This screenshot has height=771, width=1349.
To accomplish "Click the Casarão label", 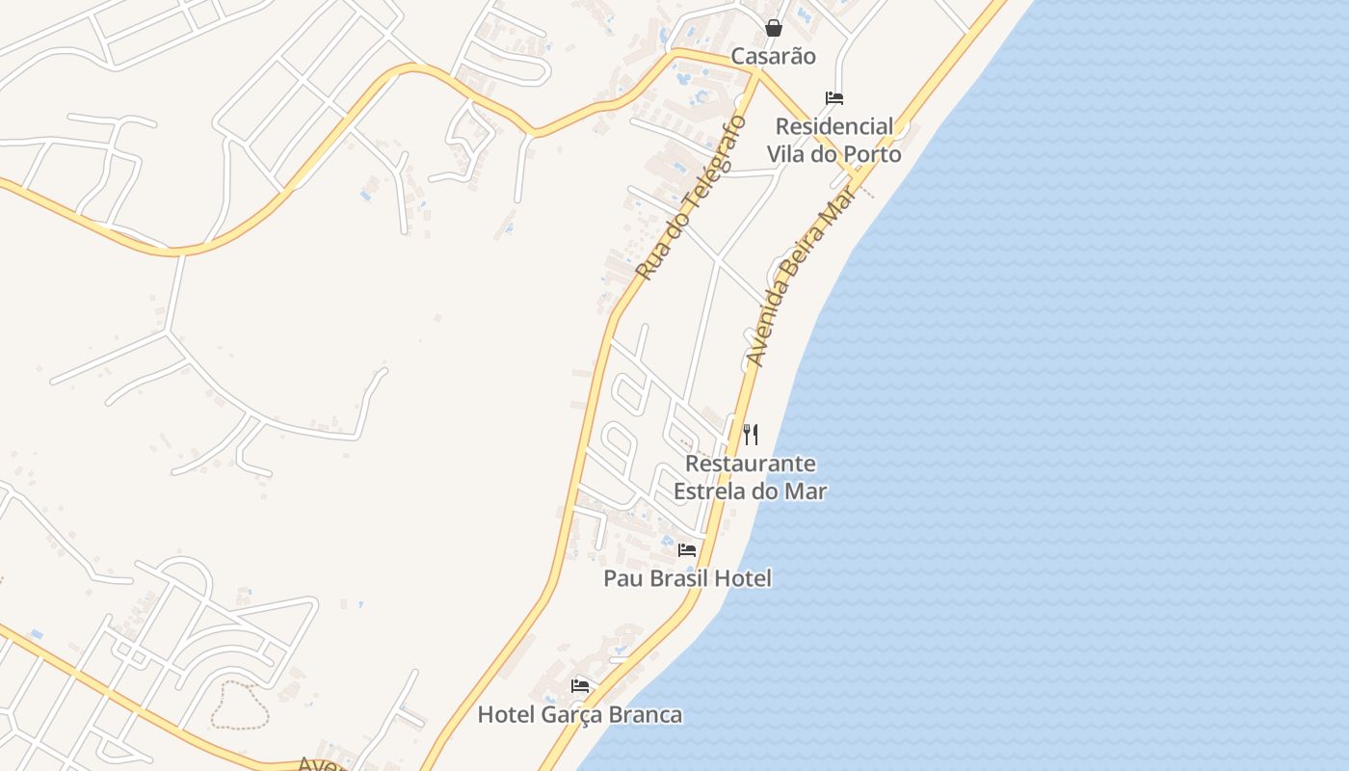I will [773, 56].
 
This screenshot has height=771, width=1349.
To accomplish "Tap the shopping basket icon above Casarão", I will [773, 28].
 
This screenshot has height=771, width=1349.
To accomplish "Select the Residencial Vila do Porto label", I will [834, 140].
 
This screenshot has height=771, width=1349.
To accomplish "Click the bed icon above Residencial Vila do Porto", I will [834, 98].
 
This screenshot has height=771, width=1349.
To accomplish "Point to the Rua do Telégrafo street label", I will [691, 198].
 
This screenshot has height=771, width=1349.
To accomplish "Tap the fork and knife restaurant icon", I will [751, 435].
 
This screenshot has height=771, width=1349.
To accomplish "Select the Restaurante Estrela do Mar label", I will [750, 477].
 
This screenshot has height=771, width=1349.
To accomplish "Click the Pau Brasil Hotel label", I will [687, 578].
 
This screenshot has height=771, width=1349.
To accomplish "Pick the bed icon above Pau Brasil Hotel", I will [687, 550].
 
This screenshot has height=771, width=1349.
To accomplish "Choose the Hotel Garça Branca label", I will [580, 714].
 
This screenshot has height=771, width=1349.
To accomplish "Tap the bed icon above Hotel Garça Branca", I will [580, 686].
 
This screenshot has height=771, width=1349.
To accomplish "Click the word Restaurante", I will [750, 464].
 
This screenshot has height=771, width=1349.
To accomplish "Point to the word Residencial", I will [834, 126].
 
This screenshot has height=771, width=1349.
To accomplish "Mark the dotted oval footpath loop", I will [239, 705].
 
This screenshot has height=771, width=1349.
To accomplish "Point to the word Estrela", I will [709, 491].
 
